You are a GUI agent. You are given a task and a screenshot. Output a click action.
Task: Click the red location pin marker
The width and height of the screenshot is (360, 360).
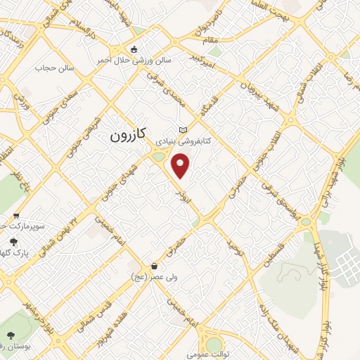point(181,166)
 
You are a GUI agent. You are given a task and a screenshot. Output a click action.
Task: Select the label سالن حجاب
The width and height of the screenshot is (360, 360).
point(56,69)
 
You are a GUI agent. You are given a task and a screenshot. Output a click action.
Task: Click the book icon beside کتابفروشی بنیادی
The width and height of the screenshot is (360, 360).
point(184,130)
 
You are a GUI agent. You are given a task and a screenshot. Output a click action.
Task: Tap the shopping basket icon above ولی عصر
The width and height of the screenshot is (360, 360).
point(154,266)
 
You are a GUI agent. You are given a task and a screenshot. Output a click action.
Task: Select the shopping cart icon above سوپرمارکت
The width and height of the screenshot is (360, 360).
point(15,216)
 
